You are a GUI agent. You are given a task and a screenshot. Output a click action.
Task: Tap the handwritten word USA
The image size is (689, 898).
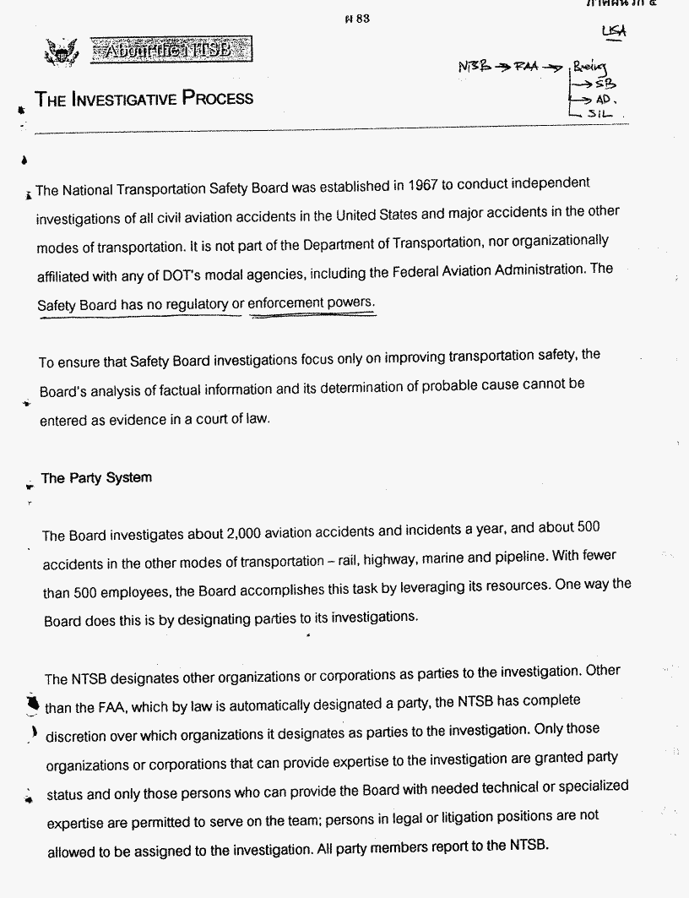614,31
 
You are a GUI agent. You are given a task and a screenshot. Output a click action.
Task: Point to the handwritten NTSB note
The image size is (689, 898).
476,67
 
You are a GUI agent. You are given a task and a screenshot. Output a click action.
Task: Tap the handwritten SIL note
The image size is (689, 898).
607,114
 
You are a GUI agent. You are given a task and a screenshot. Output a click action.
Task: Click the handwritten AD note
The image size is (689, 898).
607,99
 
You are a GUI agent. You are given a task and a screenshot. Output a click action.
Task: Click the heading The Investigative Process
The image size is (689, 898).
144,99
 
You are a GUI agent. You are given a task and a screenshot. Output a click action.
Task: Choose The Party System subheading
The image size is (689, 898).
96,478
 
